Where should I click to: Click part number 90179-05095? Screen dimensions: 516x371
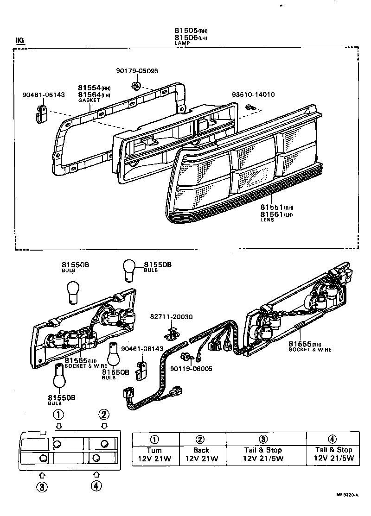(x=137, y=71)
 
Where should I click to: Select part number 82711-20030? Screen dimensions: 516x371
(x=171, y=316)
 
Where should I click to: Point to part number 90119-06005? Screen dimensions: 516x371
(x=191, y=369)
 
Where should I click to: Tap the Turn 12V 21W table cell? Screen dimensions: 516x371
(x=154, y=454)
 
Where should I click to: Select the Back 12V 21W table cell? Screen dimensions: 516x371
(x=201, y=454)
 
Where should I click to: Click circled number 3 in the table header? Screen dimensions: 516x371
(x=263, y=439)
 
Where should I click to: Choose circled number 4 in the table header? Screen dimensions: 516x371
(x=332, y=439)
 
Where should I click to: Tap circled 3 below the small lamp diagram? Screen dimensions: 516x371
(x=41, y=486)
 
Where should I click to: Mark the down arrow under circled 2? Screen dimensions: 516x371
(x=104, y=426)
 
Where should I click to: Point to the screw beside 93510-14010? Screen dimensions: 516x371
(x=251, y=107)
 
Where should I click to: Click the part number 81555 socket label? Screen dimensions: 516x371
(x=300, y=344)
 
